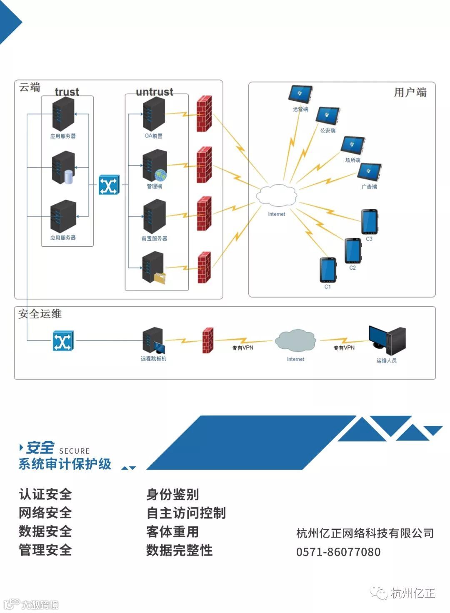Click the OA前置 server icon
click(154, 114)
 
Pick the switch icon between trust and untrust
click(109, 185)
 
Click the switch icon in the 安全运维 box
click(63, 341)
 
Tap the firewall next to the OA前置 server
click(204, 114)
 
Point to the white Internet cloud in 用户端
click(276, 195)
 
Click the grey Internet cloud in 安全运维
click(295, 340)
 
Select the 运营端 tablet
click(300, 94)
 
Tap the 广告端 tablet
click(369, 172)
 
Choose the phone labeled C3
click(369, 222)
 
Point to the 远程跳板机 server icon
click(153, 340)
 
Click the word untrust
click(155, 92)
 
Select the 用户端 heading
click(410, 92)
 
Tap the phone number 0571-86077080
click(338, 552)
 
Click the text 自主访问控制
click(186, 513)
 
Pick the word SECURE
click(74, 451)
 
